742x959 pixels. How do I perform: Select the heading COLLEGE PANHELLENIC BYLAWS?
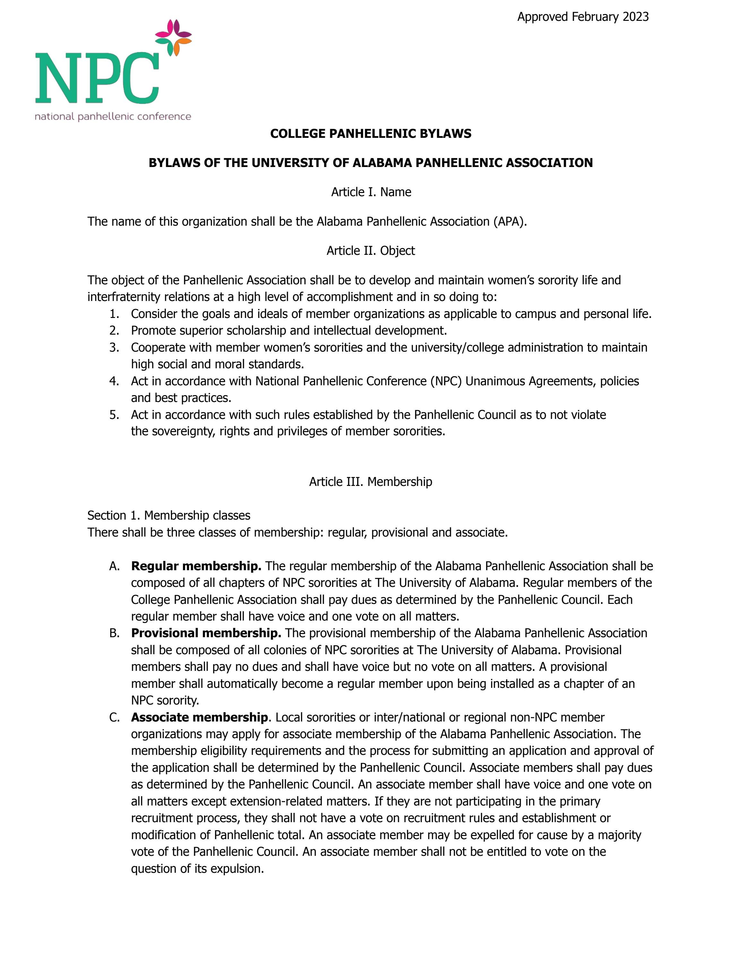coord(371,133)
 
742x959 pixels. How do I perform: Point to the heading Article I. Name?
coord(371,192)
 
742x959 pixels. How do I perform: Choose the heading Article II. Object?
coord(371,251)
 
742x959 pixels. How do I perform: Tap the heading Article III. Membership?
coord(371,482)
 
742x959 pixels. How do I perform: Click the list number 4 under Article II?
coord(114,381)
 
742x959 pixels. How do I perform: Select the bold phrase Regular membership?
coord(196,566)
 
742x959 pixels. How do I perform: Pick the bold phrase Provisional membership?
coord(206,633)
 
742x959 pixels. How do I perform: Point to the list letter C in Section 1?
coord(114,718)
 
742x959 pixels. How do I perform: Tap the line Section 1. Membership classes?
coord(169,515)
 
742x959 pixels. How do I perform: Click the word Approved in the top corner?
coord(542,17)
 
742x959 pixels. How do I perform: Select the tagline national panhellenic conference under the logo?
coord(113,117)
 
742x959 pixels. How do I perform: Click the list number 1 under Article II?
coord(114,314)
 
